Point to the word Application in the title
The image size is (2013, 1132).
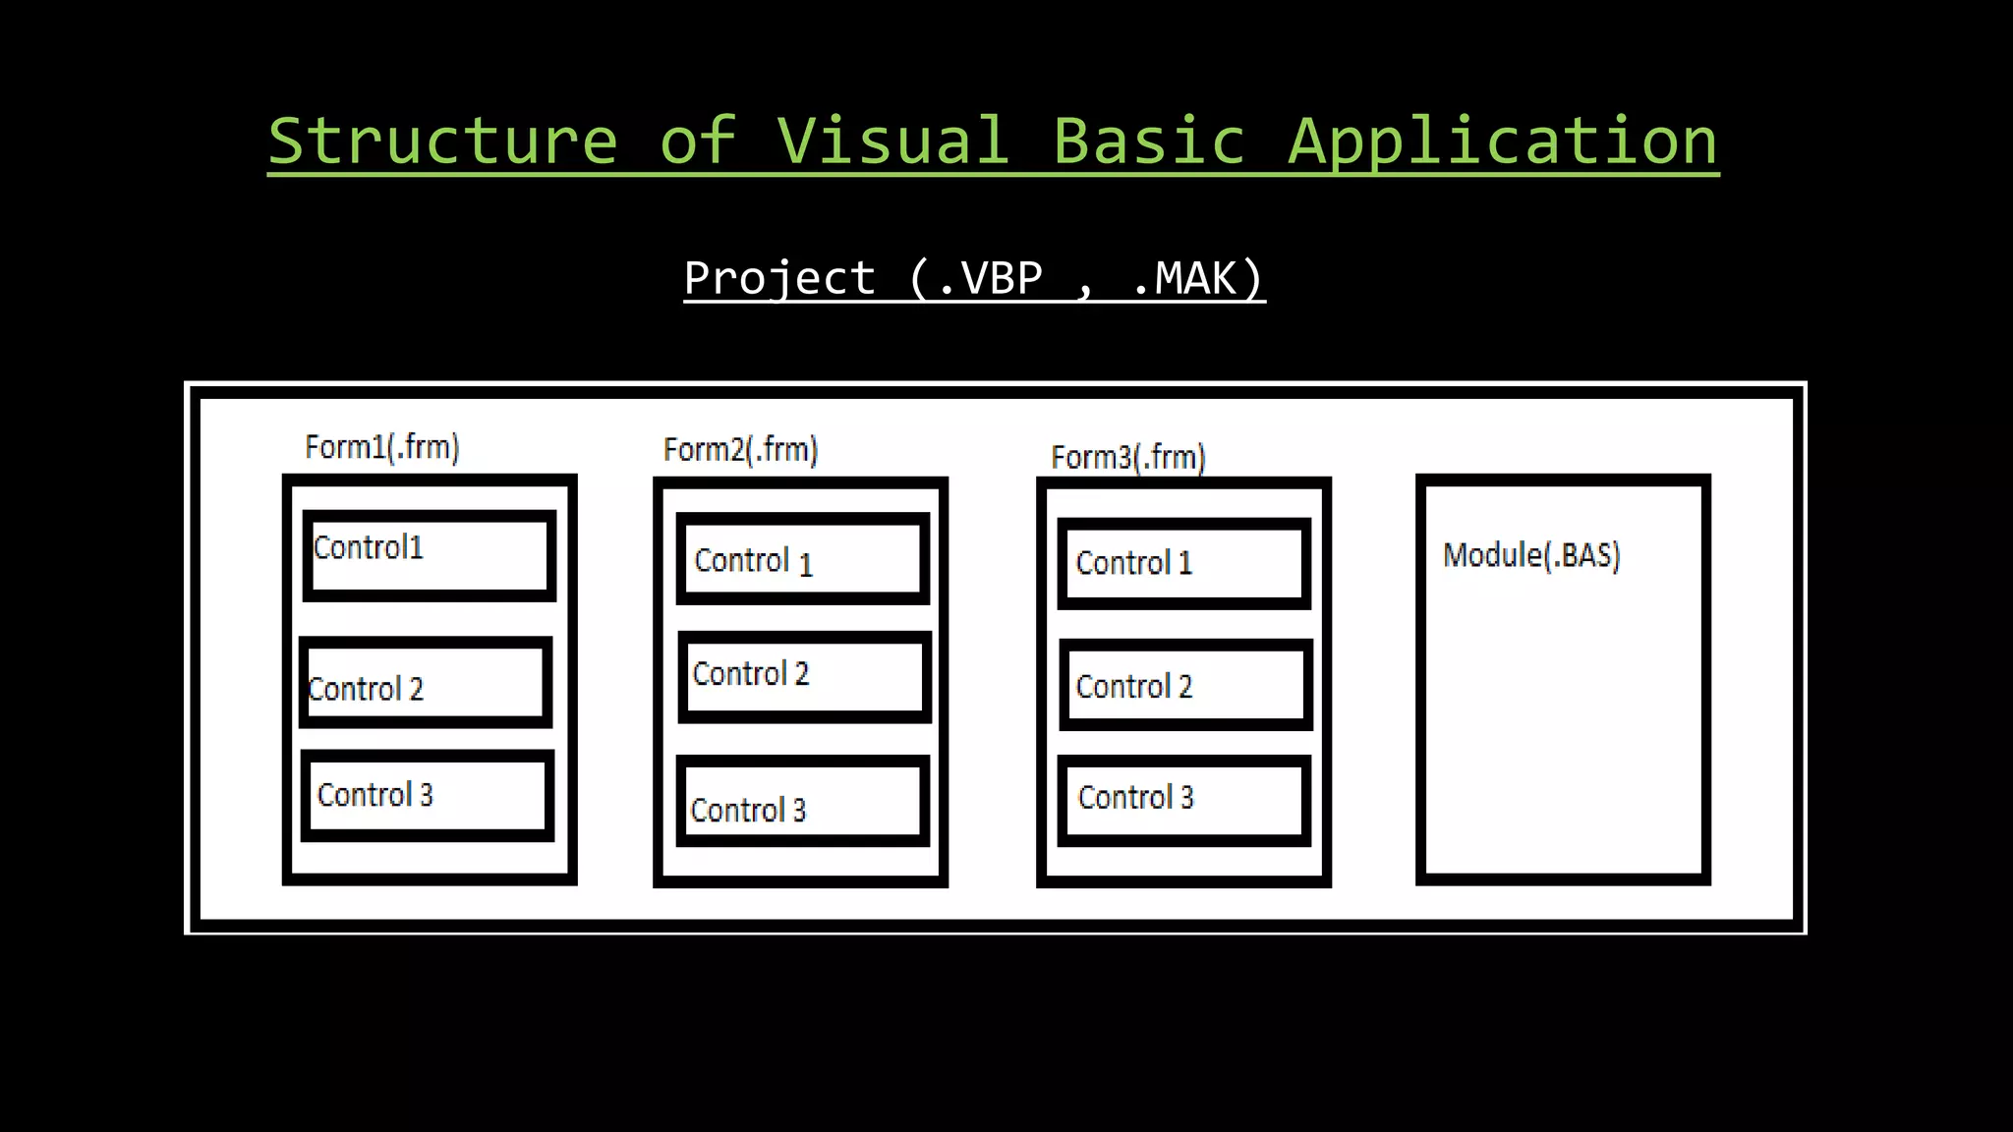[1503, 142]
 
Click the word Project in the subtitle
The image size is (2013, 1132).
[778, 278]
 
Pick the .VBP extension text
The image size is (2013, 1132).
[989, 278]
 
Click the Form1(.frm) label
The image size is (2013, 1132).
[382, 447]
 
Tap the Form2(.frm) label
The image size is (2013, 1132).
[740, 450]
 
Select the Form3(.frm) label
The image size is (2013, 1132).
[1127, 457]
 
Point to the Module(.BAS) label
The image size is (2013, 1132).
[1530, 555]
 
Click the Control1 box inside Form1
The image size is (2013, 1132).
[430, 555]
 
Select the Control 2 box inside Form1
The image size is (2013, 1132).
[426, 683]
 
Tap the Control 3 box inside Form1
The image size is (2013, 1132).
[428, 795]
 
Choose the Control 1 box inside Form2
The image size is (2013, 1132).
[802, 559]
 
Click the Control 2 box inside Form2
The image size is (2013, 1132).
[804, 676]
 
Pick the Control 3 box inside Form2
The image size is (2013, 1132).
[802, 801]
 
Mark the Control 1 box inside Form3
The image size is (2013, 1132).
[1183, 563]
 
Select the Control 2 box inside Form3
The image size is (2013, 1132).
[1185, 685]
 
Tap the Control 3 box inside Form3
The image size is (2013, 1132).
[1183, 800]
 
